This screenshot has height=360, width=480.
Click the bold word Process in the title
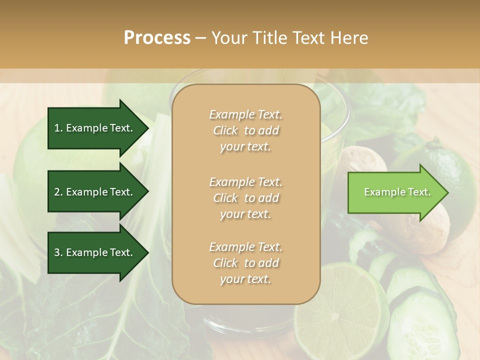[157, 38]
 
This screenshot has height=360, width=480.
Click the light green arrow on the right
[395, 192]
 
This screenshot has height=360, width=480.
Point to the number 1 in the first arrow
[57, 128]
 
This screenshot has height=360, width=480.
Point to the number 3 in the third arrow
[57, 252]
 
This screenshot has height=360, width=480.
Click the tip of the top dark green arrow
[147, 128]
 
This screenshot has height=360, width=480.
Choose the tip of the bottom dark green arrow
[147, 252]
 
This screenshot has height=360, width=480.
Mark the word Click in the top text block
[225, 131]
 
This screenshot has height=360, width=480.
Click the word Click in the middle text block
[225, 198]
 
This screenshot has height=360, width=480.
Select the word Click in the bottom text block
[225, 263]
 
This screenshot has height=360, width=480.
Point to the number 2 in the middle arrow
[57, 192]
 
